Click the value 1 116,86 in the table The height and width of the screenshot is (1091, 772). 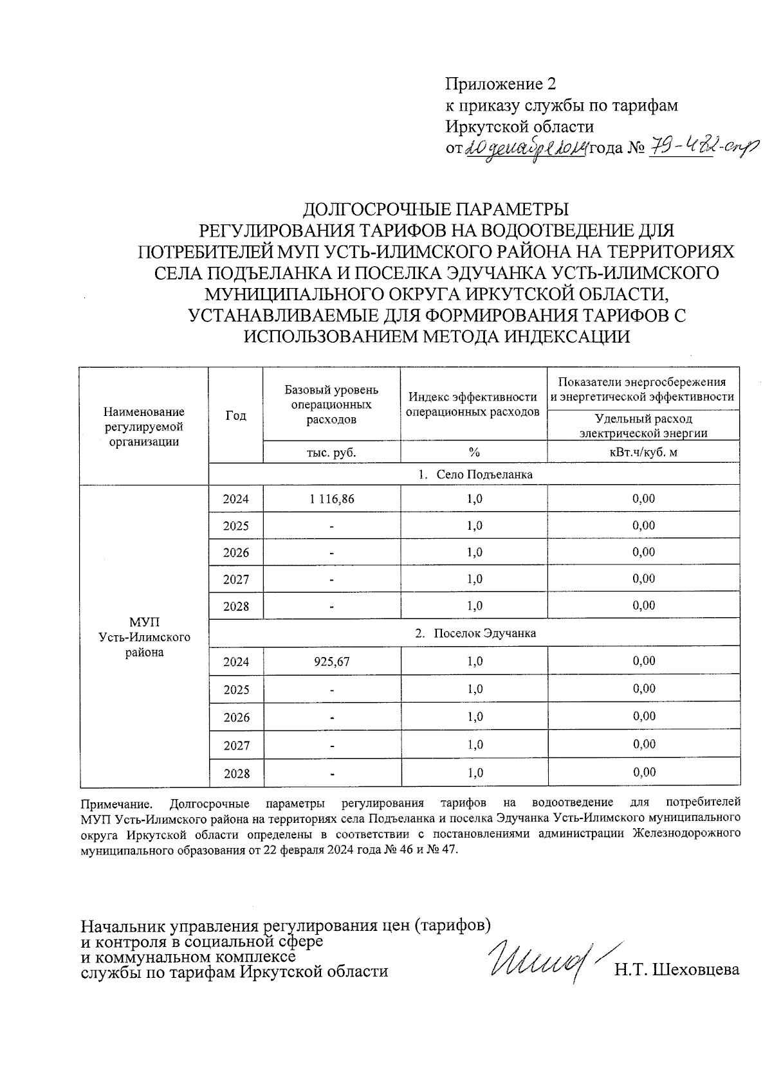pos(331,499)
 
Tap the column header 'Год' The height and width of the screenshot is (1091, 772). pos(236,415)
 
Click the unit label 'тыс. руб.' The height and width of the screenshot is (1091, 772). pos(331,452)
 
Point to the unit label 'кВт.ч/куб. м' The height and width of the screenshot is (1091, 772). pos(643,452)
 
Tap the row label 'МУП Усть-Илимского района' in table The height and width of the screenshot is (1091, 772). pos(145,637)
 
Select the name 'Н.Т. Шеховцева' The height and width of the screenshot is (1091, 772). pos(676,970)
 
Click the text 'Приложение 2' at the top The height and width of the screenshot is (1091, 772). pos(500,84)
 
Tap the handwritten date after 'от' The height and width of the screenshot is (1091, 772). pos(524,149)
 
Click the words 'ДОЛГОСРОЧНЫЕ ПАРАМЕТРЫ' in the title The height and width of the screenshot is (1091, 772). pos(436,210)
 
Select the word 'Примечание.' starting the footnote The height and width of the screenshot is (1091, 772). pos(117,804)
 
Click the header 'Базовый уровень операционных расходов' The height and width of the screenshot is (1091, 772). pos(331,405)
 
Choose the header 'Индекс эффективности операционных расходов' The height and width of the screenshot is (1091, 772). pos(473,404)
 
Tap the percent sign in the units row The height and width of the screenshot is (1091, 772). pos(474,452)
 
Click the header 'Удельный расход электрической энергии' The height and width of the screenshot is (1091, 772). pos(643,426)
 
